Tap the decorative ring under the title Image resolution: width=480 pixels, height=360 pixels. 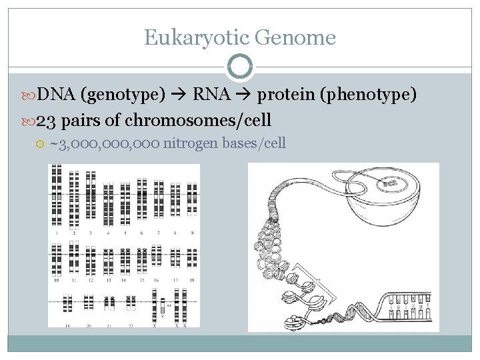pos(239,67)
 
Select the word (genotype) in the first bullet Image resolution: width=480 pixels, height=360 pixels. pos(123,96)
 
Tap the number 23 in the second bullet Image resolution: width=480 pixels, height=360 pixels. pos(46,121)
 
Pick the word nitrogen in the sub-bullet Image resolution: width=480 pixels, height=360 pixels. pos(191,143)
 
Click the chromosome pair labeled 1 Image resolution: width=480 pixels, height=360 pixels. pos(57,197)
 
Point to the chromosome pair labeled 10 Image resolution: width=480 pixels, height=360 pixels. pos(57,260)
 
